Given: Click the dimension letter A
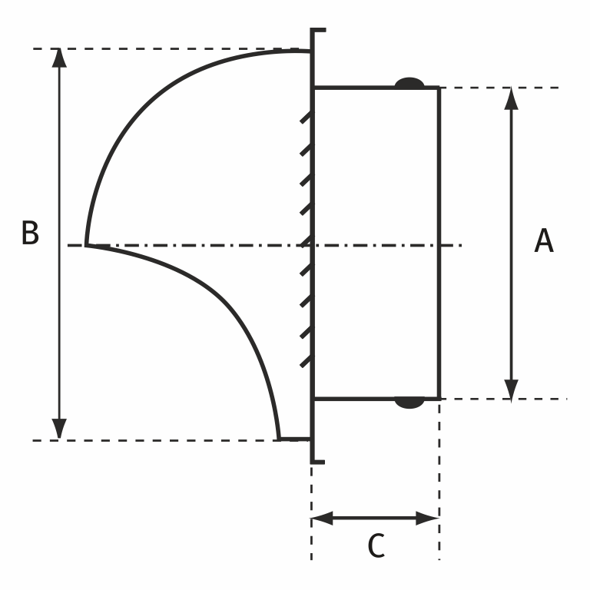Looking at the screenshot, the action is tap(543, 241).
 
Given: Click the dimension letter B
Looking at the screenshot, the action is tap(30, 234).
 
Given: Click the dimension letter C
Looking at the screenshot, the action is tap(376, 546).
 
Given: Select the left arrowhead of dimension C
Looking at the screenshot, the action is tap(322, 518).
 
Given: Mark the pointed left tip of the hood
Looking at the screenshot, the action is tap(87, 245).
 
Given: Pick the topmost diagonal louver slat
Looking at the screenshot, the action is tap(305, 120).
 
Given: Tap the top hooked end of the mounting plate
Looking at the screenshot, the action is tap(318, 31).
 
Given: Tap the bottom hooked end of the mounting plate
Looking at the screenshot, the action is tap(318, 461).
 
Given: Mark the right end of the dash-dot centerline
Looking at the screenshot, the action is tap(459, 245).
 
